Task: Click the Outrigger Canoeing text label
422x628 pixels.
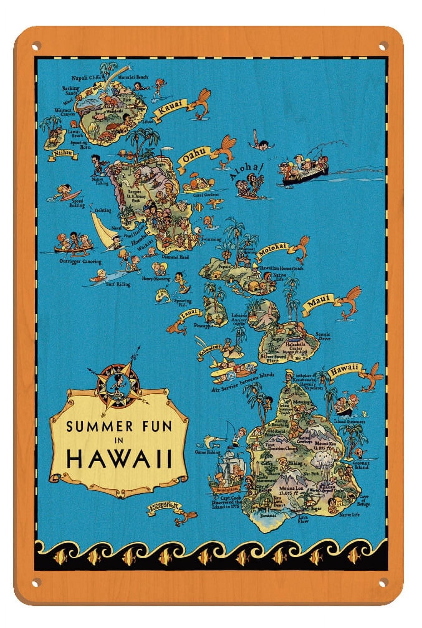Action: [80, 261]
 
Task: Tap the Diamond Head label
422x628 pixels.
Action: [175, 257]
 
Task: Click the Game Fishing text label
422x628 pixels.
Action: [208, 452]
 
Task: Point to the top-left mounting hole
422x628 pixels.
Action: [36, 45]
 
